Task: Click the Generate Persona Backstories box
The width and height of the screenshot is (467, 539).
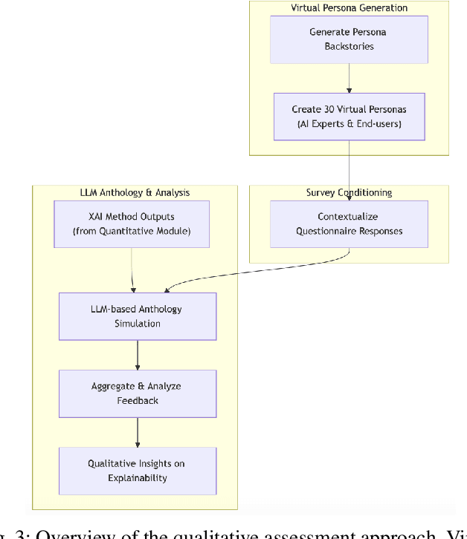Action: click(348, 39)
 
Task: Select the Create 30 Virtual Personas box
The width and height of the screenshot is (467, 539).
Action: click(348, 117)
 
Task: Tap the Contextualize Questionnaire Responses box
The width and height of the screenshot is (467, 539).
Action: click(348, 224)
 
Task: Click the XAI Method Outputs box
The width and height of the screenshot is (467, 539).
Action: click(132, 224)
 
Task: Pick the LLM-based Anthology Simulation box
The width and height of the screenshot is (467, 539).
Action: click(138, 316)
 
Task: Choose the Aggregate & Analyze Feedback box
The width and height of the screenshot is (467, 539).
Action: click(138, 393)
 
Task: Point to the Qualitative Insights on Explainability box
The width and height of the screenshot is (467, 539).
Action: click(138, 471)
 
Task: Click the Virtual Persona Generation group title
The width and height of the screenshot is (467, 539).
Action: click(348, 8)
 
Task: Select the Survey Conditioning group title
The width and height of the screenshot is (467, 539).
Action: click(348, 192)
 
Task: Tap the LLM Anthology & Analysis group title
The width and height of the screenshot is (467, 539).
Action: click(135, 192)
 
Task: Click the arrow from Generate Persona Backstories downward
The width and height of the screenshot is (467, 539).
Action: click(348, 78)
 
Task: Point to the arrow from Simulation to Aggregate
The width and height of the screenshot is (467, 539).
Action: click(138, 355)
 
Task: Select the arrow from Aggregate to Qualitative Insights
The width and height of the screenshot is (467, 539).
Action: click(138, 432)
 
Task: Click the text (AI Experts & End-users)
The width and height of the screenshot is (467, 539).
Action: click(348, 124)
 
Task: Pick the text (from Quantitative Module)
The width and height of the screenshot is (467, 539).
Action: click(132, 232)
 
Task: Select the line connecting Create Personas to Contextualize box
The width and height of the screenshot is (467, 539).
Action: click(348, 171)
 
